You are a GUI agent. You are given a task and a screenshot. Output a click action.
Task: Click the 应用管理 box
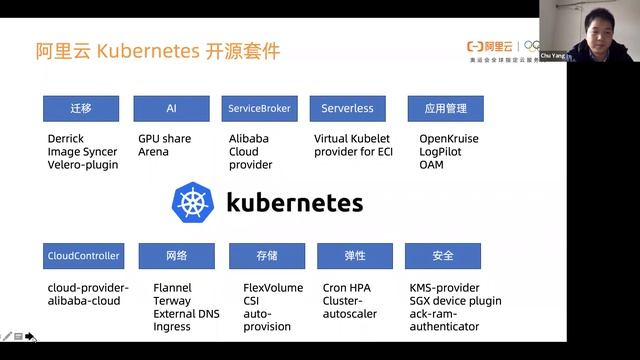[x=438, y=108]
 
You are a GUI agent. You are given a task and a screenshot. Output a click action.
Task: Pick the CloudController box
[x=83, y=256]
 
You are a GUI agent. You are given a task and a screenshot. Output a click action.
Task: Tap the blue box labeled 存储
[x=266, y=256]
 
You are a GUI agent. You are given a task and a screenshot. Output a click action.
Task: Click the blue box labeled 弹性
[x=354, y=256]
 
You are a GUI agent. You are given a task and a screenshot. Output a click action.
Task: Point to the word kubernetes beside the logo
[x=295, y=204]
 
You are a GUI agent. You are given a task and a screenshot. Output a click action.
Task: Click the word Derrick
[x=68, y=138]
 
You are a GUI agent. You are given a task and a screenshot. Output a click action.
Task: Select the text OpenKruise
[x=450, y=138]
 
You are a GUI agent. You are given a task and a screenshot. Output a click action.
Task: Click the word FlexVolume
[x=272, y=288]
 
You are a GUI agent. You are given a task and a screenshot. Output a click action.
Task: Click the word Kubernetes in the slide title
[x=150, y=50]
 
